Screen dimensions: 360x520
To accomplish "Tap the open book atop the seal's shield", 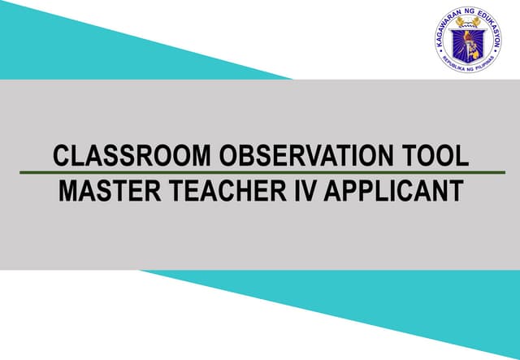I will [468, 21].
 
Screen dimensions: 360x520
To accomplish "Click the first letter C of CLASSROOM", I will [59, 155].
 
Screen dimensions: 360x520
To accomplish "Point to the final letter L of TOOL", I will [463, 155].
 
